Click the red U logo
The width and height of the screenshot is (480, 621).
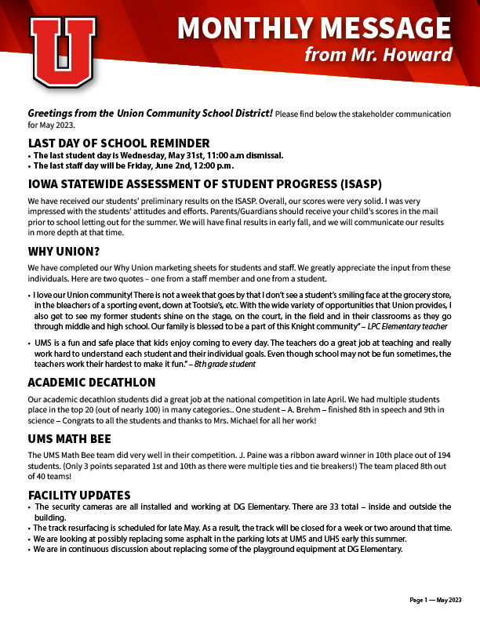63,52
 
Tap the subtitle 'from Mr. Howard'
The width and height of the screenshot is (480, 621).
378,55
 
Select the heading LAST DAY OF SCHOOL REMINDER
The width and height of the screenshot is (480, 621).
118,143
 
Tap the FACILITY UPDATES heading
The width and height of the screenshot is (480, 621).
79,496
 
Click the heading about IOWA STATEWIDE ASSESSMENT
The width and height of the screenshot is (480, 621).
204,185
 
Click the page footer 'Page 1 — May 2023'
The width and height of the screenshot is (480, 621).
435,600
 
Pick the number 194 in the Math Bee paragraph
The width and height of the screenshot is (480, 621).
442,455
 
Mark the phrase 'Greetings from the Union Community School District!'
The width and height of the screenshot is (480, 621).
151,114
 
